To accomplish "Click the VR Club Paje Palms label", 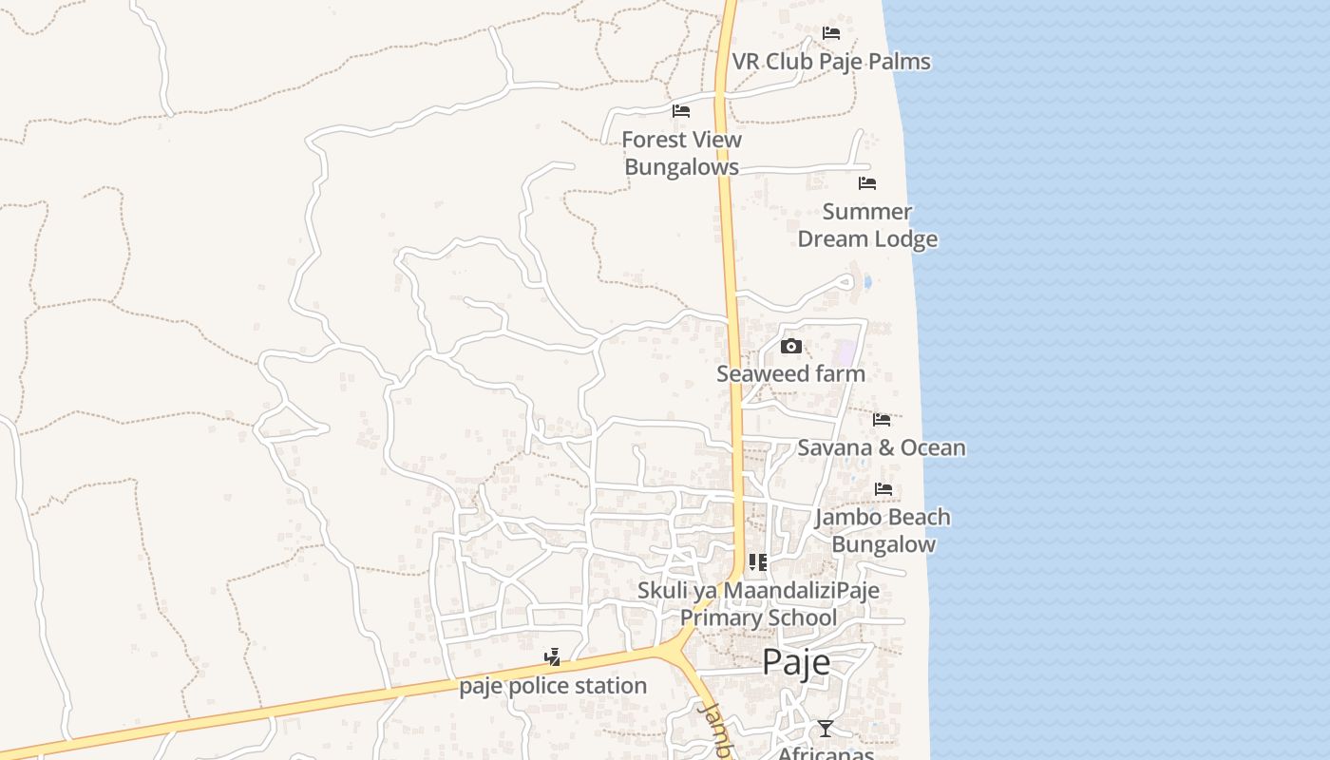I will (831, 62).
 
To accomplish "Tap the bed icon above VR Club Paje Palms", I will (831, 33).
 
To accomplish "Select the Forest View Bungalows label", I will (681, 153).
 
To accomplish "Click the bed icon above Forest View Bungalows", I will (681, 111).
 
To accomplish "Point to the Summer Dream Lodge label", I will (867, 225).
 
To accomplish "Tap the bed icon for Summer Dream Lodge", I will (867, 183).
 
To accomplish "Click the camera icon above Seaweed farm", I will (790, 347).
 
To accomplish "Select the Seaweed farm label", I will (790, 373).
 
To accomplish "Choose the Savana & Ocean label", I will (882, 447).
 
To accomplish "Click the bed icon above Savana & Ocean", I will (882, 419).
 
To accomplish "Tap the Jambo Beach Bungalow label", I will (883, 530).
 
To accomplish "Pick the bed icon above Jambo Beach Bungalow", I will (883, 490).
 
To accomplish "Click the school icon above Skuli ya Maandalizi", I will (757, 562).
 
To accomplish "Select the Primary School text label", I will (758, 617).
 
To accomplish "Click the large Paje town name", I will (796, 662).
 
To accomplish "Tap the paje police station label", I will (553, 686).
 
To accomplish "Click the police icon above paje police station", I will (552, 656).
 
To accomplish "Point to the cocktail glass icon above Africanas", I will (825, 729).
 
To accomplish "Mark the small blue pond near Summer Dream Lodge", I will (866, 282).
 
